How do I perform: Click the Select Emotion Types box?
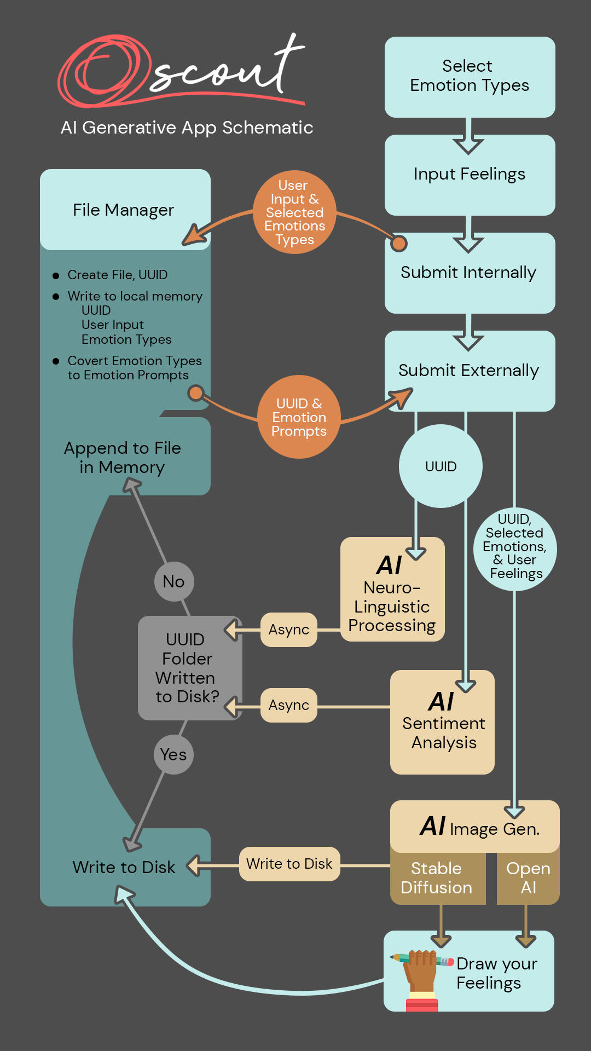(470, 77)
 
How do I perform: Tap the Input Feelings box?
(470, 175)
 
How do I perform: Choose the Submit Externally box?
(470, 371)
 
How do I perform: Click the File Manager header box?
(125, 210)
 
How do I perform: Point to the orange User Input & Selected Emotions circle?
(294, 212)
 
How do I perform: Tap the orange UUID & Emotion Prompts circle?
(299, 417)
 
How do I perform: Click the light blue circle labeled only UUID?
(441, 466)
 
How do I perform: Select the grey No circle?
(174, 581)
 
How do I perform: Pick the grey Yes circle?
(173, 754)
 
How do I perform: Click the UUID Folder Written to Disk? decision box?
(187, 668)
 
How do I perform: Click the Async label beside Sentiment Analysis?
(289, 705)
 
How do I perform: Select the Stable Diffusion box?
(437, 878)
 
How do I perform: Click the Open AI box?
(528, 878)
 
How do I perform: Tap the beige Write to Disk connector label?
(289, 864)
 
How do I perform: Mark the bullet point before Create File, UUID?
(56, 275)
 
